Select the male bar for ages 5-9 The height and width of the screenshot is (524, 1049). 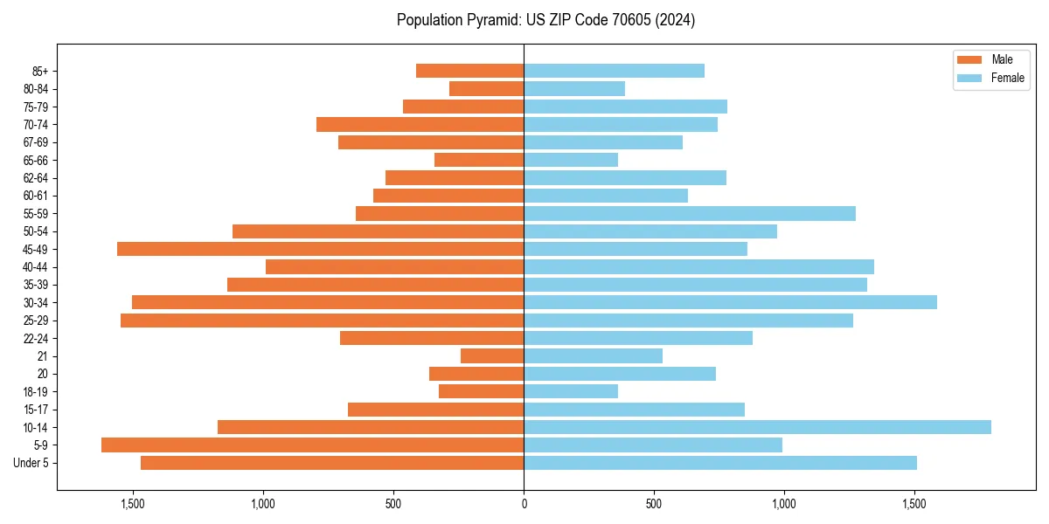pyautogui.click(x=312, y=445)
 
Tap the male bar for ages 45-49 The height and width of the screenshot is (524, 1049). pyautogui.click(x=320, y=249)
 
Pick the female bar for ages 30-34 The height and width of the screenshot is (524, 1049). pyautogui.click(x=730, y=302)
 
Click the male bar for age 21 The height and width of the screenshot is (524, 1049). pyautogui.click(x=492, y=356)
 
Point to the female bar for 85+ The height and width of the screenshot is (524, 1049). pyautogui.click(x=614, y=71)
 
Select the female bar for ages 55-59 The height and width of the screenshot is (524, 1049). pyautogui.click(x=690, y=213)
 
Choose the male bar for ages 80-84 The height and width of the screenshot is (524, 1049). pyautogui.click(x=486, y=88)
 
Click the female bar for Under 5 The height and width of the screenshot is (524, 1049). pyautogui.click(x=720, y=463)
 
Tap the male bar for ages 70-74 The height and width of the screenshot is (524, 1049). pyautogui.click(x=420, y=124)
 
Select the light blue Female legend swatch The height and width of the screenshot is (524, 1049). pyautogui.click(x=969, y=78)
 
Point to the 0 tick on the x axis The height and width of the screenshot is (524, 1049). pyautogui.click(x=524, y=504)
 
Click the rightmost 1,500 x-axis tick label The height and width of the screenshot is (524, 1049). pyautogui.click(x=914, y=504)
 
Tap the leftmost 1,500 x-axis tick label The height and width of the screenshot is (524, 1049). pyautogui.click(x=133, y=504)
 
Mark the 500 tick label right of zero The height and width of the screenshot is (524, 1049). pyautogui.click(x=654, y=504)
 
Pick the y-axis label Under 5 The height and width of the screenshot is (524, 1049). pyautogui.click(x=31, y=463)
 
